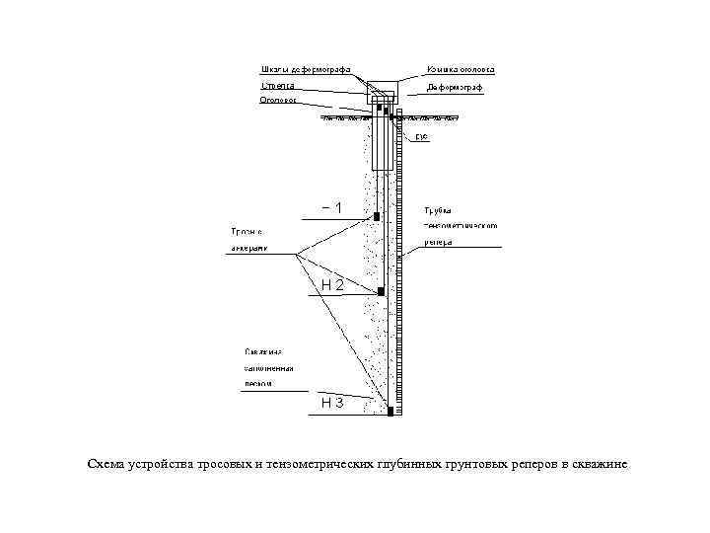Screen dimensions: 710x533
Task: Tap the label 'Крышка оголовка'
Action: (x=461, y=69)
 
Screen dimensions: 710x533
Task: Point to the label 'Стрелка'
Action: (x=277, y=86)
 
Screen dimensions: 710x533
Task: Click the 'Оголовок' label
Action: (x=280, y=101)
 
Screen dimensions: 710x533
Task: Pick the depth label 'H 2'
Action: (x=333, y=285)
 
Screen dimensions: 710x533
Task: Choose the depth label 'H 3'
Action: (x=333, y=403)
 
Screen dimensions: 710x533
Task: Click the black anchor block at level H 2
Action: (x=380, y=290)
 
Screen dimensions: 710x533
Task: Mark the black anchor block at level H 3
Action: (x=391, y=410)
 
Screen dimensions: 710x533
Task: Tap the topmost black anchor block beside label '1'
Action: (x=376, y=214)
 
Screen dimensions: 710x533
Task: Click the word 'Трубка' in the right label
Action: (x=438, y=210)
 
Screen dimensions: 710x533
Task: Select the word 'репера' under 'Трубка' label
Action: (x=439, y=242)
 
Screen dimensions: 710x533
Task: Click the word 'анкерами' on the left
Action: (x=248, y=248)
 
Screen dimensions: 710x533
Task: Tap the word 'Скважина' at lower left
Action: (x=263, y=351)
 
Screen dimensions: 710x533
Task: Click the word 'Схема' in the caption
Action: (x=105, y=464)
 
